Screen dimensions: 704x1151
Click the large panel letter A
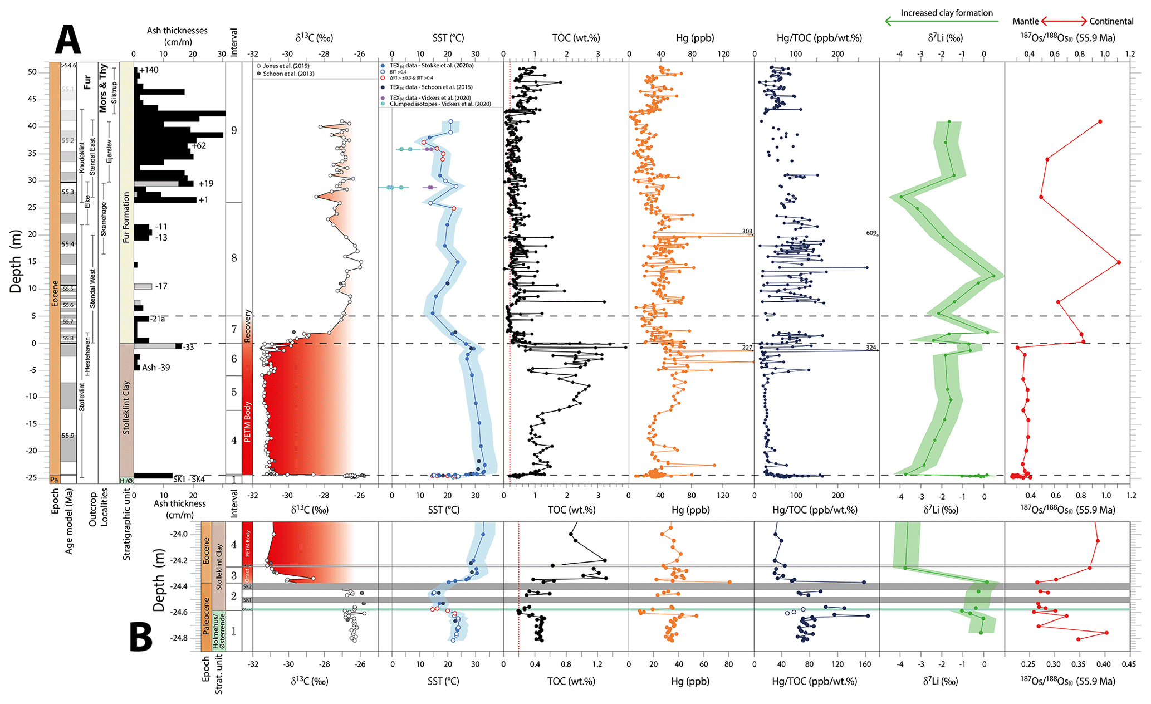[x=68, y=40]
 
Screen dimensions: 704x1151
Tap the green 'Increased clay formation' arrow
[x=941, y=22]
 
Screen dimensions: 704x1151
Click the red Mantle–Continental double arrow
[x=1064, y=22]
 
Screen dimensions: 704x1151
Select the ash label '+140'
[x=149, y=70]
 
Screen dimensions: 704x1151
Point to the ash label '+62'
[x=198, y=146]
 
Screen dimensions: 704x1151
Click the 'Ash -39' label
[x=156, y=368]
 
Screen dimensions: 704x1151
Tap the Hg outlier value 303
[x=747, y=231]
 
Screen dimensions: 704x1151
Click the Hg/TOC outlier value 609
[x=871, y=233]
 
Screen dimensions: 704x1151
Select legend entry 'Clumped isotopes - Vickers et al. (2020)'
[x=440, y=104]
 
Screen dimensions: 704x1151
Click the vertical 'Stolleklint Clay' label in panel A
[x=126, y=408]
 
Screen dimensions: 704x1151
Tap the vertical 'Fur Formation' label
[x=126, y=217]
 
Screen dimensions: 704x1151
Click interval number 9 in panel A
[x=234, y=130]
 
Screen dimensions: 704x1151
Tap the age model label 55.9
[x=68, y=436]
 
